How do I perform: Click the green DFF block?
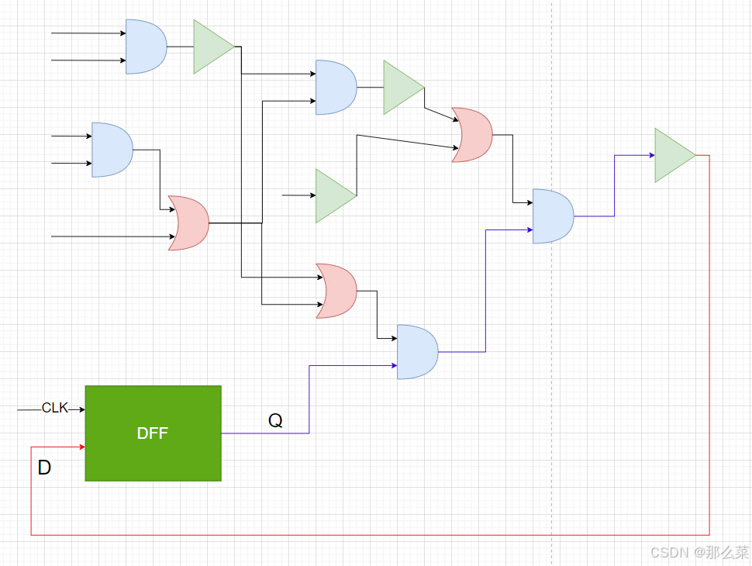pos(153,433)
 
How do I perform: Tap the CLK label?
pos(55,408)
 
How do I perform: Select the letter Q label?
pos(275,421)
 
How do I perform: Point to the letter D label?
pos(44,468)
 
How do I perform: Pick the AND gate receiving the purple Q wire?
pos(417,352)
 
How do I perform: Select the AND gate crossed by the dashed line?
pos(553,216)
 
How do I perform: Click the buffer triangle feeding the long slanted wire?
pos(336,195)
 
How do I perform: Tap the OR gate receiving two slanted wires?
pos(472,135)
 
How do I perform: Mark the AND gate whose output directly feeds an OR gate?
pos(112,150)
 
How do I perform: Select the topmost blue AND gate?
pos(147,47)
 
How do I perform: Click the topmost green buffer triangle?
pos(214,47)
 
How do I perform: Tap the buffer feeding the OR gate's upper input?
pos(404,88)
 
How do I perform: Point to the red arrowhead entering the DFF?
pos(82,447)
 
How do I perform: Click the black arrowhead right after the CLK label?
pos(82,409)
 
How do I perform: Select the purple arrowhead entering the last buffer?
pos(652,155)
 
